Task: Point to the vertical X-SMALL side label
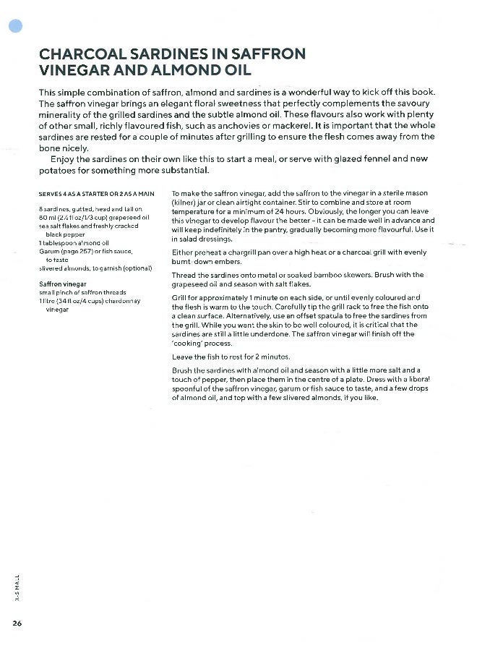pyautogui.click(x=17, y=585)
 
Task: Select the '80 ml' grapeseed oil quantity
pyautogui.click(x=48, y=216)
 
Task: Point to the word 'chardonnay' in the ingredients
pyautogui.click(x=124, y=301)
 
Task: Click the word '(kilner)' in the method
pyautogui.click(x=187, y=203)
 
